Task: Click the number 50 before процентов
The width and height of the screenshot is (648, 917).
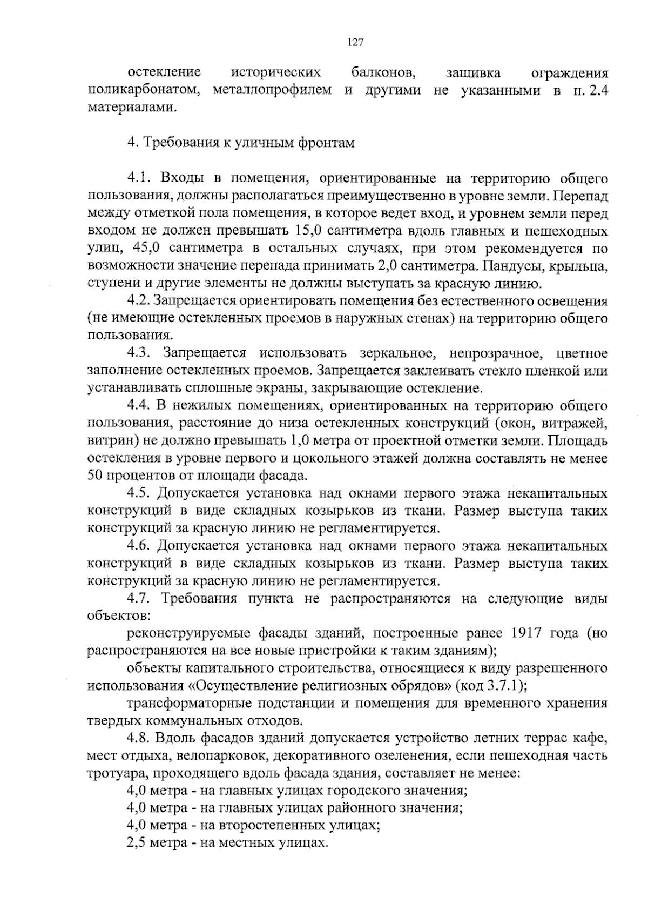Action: click(x=95, y=476)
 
